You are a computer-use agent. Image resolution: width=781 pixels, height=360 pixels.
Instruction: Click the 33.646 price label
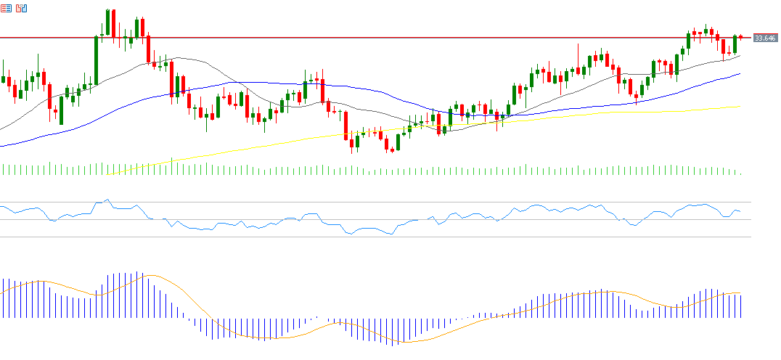click(766, 38)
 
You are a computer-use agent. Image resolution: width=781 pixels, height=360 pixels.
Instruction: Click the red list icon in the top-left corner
click(7, 8)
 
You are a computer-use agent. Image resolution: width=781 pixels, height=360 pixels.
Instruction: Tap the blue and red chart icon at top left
click(22, 8)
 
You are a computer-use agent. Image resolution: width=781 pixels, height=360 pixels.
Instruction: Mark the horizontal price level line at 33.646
click(363, 37)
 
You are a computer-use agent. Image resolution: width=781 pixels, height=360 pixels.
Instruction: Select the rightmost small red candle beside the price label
click(741, 37)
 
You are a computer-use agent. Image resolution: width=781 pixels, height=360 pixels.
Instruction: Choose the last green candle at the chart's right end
click(735, 44)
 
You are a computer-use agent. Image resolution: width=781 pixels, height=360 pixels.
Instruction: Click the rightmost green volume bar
click(740, 173)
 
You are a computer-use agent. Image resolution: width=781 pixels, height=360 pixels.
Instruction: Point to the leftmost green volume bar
click(3, 170)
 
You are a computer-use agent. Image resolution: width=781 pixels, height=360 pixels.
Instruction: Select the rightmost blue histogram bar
click(741, 305)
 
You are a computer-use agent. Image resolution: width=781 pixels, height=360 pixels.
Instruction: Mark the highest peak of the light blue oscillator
click(107, 200)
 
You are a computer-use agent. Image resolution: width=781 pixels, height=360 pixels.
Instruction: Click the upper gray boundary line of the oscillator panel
click(363, 202)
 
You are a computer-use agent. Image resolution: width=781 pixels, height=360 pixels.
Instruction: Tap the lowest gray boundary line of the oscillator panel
click(363, 237)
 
